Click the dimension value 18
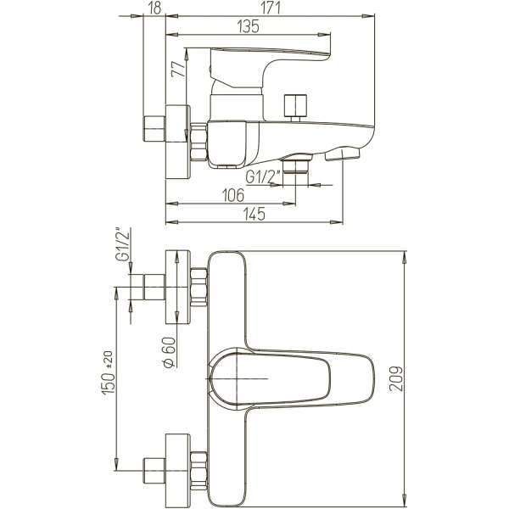(154, 8)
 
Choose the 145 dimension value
(254, 214)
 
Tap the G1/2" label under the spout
(263, 178)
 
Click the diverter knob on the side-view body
(295, 108)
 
